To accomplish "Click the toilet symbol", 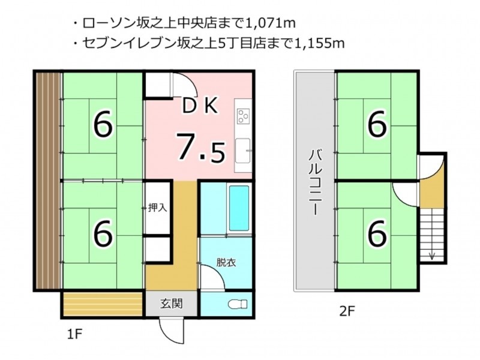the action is (238, 304).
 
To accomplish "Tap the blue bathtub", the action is (239, 208).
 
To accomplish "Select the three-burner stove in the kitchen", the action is (244, 116).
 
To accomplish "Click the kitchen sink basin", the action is (243, 151).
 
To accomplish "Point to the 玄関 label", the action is (172, 304).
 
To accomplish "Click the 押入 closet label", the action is (157, 208).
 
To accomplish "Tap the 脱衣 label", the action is (226, 263).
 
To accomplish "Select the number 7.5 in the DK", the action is (201, 148).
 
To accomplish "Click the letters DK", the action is (200, 106).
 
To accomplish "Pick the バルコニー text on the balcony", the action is (314, 182).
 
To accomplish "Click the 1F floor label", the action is (74, 334).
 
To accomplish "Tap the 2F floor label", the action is (347, 311).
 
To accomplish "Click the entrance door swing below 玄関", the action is (171, 331).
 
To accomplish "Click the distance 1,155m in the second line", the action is (319, 43).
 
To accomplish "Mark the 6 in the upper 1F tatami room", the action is (103, 125).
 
